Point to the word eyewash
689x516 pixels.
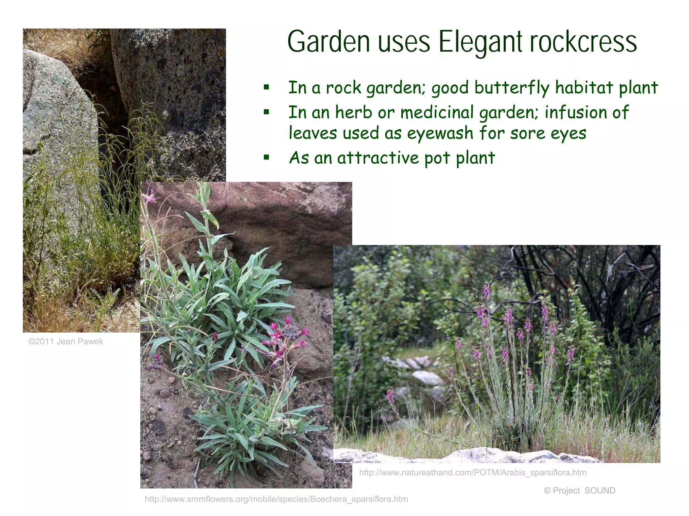click(x=440, y=133)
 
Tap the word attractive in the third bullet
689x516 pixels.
click(x=378, y=158)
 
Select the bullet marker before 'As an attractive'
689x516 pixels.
click(x=266, y=157)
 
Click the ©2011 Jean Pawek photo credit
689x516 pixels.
click(x=66, y=342)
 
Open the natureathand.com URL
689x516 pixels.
click(x=473, y=473)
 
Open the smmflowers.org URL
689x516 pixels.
click(x=276, y=499)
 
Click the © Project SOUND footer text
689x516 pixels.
click(x=579, y=490)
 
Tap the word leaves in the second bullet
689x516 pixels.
click(x=313, y=133)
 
